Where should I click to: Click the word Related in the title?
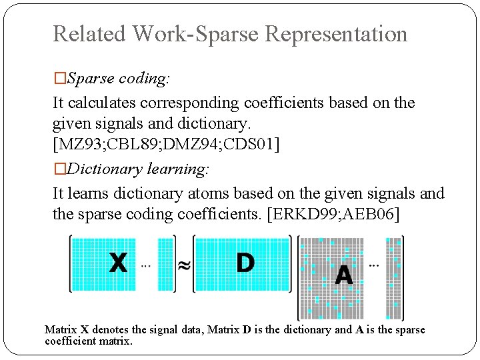pyautogui.click(x=89, y=34)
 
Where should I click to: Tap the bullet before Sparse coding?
pyautogui.click(x=60, y=79)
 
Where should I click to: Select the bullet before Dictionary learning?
pyautogui.click(x=60, y=169)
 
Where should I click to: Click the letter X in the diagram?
pyautogui.click(x=118, y=263)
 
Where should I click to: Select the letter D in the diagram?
pyautogui.click(x=245, y=263)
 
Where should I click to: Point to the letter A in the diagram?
pyautogui.click(x=344, y=274)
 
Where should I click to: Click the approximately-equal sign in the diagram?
pyautogui.click(x=183, y=265)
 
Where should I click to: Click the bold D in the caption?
pyautogui.click(x=247, y=329)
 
